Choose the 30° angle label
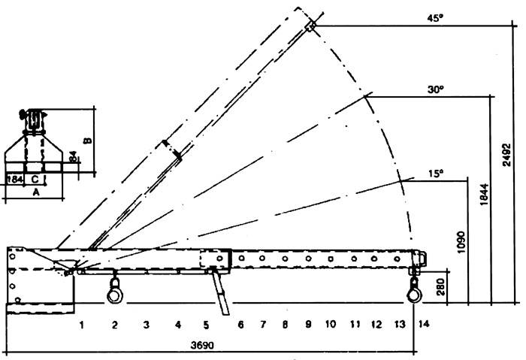click(x=433, y=88)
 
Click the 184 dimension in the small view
click(x=14, y=180)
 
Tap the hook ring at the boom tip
click(x=414, y=295)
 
